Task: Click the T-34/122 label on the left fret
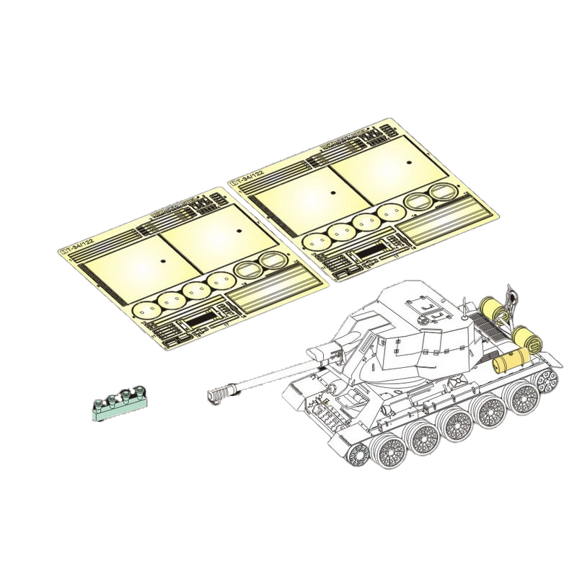[74, 247]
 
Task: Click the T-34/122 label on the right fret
[246, 179]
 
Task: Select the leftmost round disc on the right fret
[315, 240]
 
